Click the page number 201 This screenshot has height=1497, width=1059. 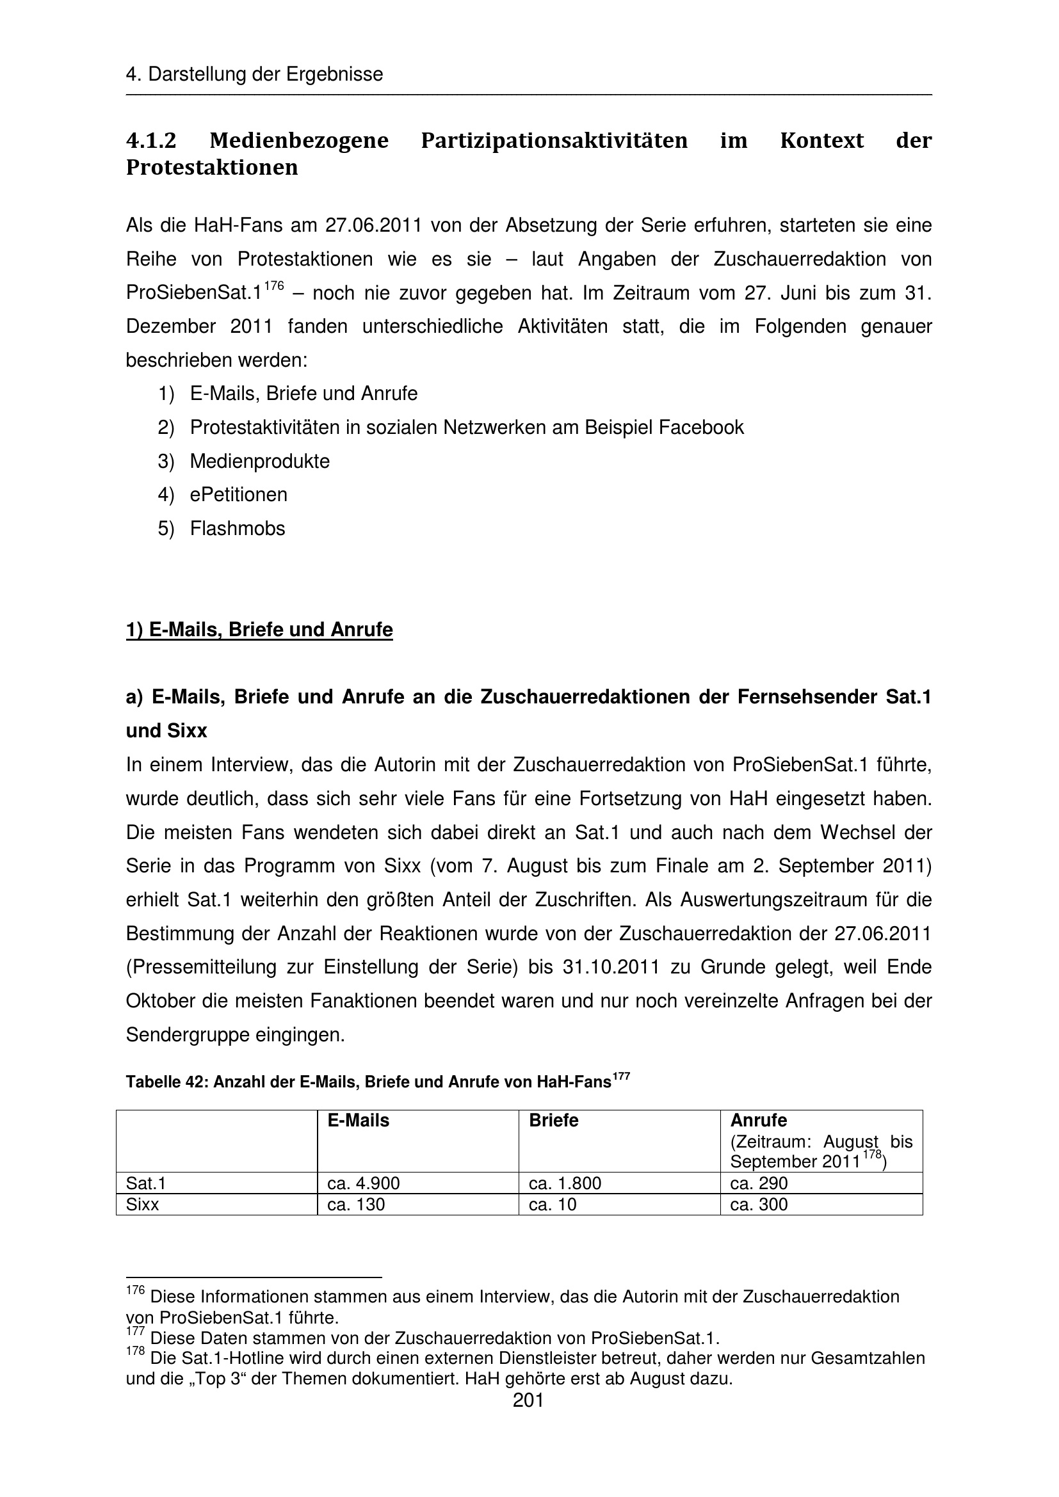(x=528, y=1400)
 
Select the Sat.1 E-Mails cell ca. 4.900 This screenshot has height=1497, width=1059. (x=363, y=1183)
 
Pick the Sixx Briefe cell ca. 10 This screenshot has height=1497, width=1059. (x=553, y=1205)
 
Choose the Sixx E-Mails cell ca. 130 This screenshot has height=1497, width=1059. (x=356, y=1205)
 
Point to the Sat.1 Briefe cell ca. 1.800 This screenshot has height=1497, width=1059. (x=565, y=1183)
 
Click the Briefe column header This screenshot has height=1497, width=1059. (x=554, y=1120)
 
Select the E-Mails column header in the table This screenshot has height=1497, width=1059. (x=358, y=1120)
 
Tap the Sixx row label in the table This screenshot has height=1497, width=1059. (x=142, y=1205)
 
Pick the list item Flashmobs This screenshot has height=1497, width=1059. (x=238, y=528)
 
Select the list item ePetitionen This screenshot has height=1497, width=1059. (x=238, y=494)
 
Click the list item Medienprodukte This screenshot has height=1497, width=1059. (x=259, y=461)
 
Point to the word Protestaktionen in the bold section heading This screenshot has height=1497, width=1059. (x=211, y=168)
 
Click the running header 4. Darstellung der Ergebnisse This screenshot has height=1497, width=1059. (x=254, y=74)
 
